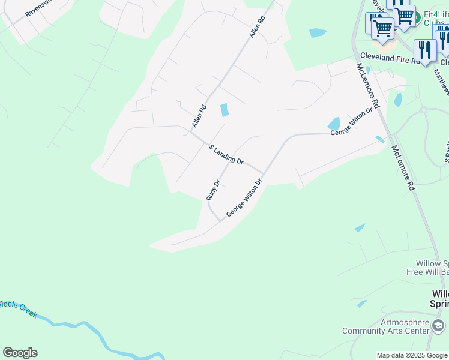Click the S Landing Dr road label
coord(226,155)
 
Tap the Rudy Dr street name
coord(214,190)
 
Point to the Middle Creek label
coord(18,307)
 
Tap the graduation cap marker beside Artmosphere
coord(438,326)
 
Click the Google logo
coord(20,353)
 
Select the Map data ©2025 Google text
coord(412,355)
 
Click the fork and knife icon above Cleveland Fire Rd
coord(424,50)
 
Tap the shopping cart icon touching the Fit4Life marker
coord(405,15)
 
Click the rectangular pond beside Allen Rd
coord(224,110)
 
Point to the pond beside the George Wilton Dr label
coord(334,123)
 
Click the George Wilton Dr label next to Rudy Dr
coord(244,198)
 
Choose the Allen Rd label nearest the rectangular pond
coord(199,116)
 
